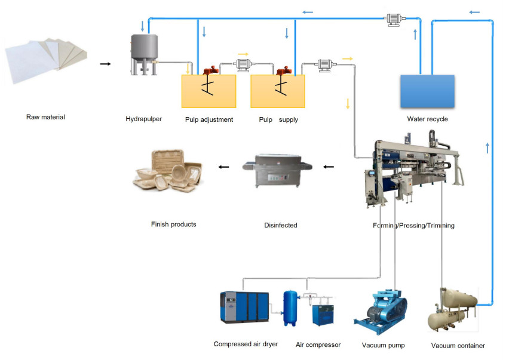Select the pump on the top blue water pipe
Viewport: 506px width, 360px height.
(x=392, y=19)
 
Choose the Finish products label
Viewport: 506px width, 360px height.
(x=173, y=224)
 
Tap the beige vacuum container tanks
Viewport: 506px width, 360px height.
(x=452, y=307)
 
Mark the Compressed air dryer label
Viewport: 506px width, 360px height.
(x=246, y=344)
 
